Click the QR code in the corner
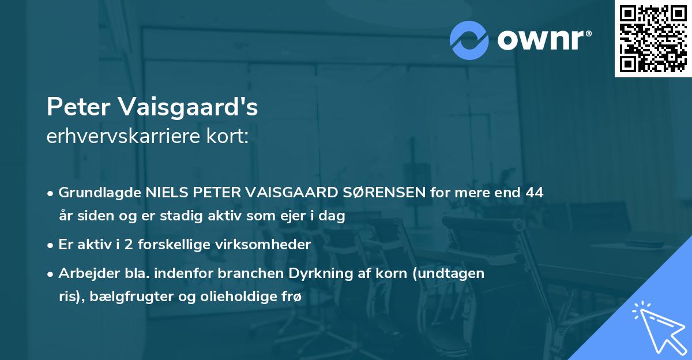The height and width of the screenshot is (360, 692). [x=652, y=39]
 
